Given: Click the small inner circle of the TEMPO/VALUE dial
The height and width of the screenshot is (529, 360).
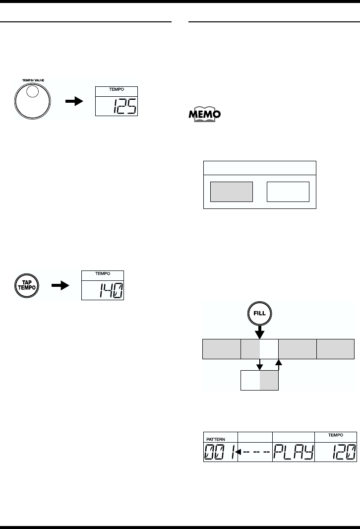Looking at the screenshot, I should click(x=32, y=92).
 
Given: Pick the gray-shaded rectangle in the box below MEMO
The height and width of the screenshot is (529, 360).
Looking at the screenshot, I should click(x=232, y=192).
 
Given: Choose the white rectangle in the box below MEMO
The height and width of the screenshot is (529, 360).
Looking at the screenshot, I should click(x=288, y=192).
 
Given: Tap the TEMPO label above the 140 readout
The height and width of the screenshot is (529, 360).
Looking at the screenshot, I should click(x=103, y=274).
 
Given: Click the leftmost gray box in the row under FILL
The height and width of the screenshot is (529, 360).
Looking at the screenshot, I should click(x=221, y=349).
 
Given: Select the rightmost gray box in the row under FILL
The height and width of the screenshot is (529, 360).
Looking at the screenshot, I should click(x=336, y=349).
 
